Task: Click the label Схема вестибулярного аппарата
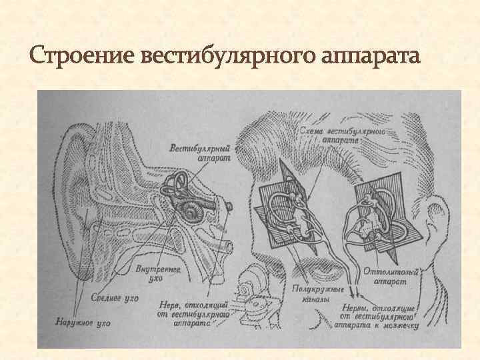(x=342, y=135)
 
